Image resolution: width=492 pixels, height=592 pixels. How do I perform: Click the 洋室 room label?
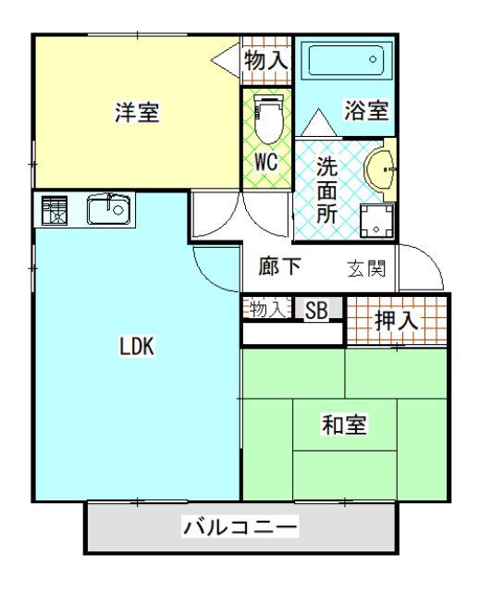(137, 113)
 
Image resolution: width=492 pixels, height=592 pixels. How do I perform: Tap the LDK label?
(136, 348)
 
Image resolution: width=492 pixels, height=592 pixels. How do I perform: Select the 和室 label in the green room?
(344, 425)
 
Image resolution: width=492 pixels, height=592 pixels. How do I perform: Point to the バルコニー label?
(240, 528)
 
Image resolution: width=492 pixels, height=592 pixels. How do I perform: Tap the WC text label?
(266, 161)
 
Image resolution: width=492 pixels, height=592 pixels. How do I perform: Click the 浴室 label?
(365, 109)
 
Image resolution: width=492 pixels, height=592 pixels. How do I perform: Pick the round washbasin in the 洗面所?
(381, 169)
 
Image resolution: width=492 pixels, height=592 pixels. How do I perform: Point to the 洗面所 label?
(326, 190)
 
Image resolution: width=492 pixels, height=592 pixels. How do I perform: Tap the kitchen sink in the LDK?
(111, 210)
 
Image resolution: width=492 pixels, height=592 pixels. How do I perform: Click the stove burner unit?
(55, 211)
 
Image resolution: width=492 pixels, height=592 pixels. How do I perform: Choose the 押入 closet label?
(397, 321)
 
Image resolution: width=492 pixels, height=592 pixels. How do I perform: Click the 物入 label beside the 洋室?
(266, 61)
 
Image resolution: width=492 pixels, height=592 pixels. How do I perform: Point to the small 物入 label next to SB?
(267, 310)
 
